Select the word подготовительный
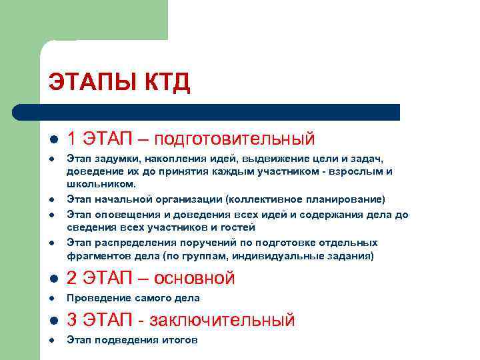pos(235,139)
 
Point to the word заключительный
pos(222,320)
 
